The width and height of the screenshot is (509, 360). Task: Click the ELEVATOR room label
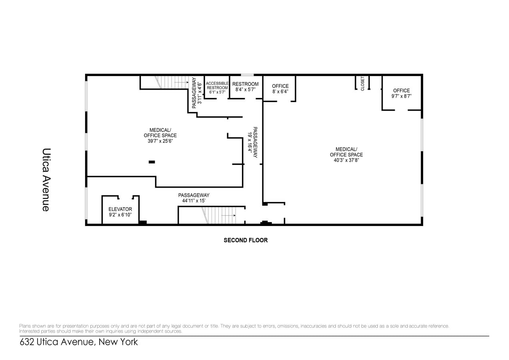120,209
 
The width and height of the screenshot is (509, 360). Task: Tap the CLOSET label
363,84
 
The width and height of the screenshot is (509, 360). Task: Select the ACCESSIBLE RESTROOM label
217,86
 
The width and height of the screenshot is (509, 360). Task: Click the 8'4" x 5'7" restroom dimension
246,90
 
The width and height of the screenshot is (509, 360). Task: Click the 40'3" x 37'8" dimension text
346,160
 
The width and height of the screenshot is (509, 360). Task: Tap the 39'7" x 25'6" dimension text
160,141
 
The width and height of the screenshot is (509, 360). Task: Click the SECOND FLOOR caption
246,240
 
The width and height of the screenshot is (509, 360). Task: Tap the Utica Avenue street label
46,180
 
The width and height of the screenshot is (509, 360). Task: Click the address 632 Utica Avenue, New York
79,342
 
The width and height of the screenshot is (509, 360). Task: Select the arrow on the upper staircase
182,82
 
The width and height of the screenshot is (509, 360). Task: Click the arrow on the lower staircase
229,215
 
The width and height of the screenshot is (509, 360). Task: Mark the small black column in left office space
152,162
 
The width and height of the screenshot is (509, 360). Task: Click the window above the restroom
247,75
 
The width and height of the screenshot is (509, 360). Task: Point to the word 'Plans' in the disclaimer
25,326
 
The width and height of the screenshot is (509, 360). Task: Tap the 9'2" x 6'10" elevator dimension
120,215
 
